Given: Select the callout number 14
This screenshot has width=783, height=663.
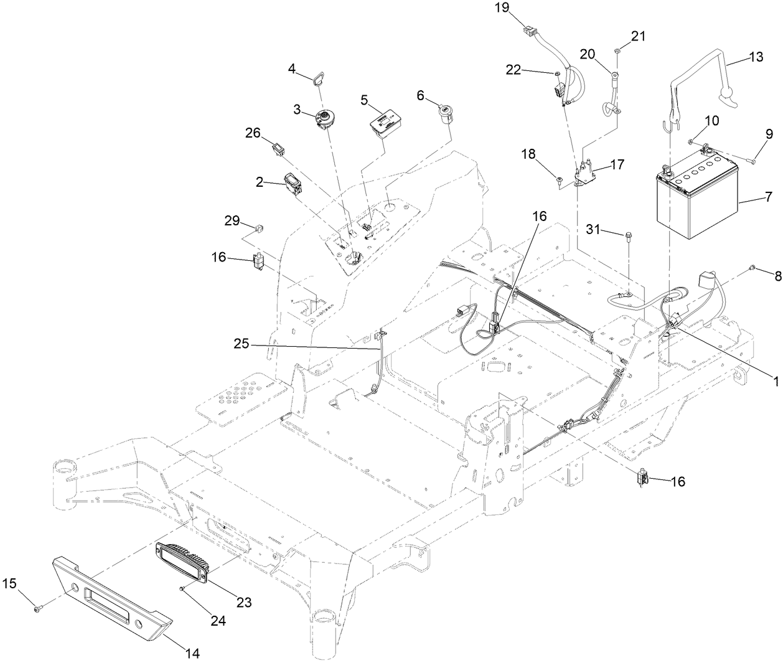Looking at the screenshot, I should [192, 654].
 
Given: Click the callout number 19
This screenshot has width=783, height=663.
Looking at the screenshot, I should [502, 8].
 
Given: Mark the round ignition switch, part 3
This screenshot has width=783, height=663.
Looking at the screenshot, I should [326, 118].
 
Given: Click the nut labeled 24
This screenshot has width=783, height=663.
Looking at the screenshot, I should [182, 588].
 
